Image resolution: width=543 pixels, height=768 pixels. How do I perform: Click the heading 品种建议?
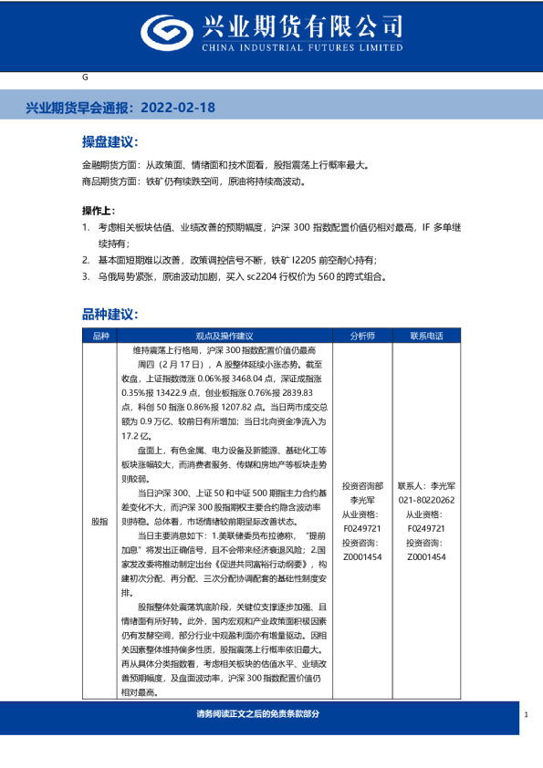pyautogui.click(x=110, y=314)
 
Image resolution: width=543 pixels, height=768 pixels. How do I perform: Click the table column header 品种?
pyautogui.click(x=99, y=336)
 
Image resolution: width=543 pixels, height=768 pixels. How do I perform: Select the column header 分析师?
pyautogui.click(x=361, y=336)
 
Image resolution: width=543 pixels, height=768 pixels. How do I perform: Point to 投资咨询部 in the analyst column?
pyautogui.click(x=361, y=487)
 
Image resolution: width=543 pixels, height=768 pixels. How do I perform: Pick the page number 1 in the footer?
pyautogui.click(x=527, y=715)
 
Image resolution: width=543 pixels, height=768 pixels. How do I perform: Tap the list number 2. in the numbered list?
pyautogui.click(x=86, y=260)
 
